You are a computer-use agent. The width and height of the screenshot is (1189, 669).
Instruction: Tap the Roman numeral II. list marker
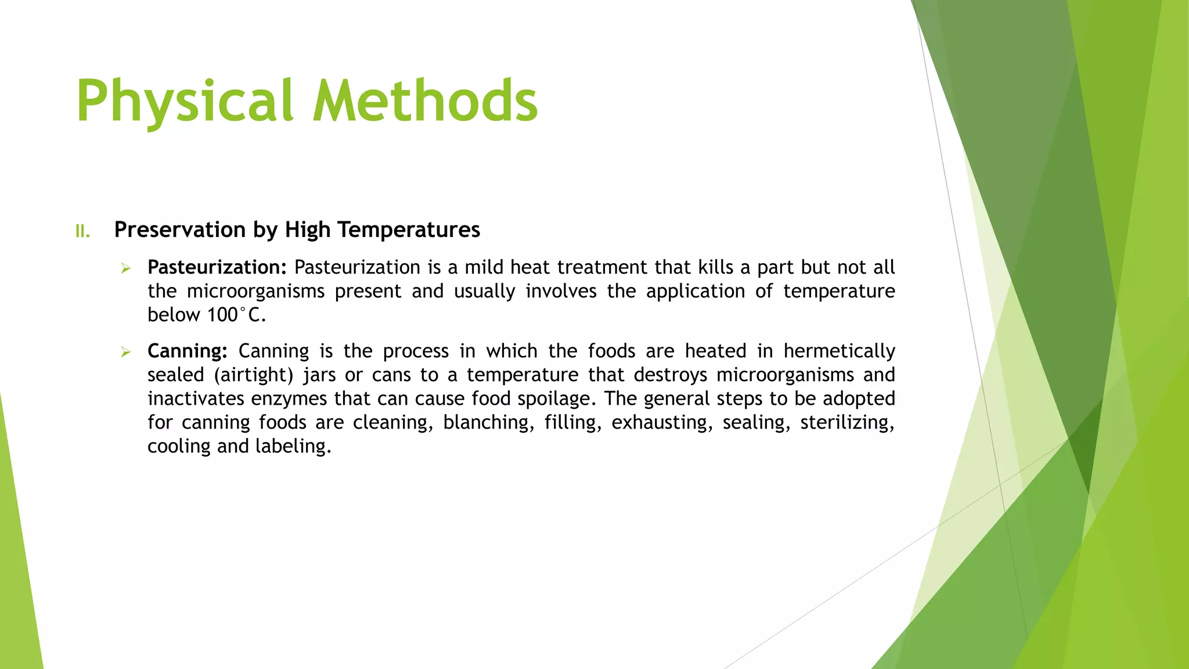[x=83, y=232]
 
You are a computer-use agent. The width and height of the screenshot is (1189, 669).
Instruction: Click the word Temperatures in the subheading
[x=409, y=230]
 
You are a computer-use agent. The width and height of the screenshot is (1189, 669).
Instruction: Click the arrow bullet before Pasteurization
[x=125, y=268]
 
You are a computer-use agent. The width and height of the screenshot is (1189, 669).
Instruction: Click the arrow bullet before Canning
[x=125, y=352]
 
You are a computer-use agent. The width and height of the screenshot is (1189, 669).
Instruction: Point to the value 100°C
[x=236, y=315]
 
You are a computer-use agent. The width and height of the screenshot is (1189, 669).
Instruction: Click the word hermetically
[x=839, y=351]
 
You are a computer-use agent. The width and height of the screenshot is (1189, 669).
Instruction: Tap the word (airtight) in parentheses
[x=254, y=375]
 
